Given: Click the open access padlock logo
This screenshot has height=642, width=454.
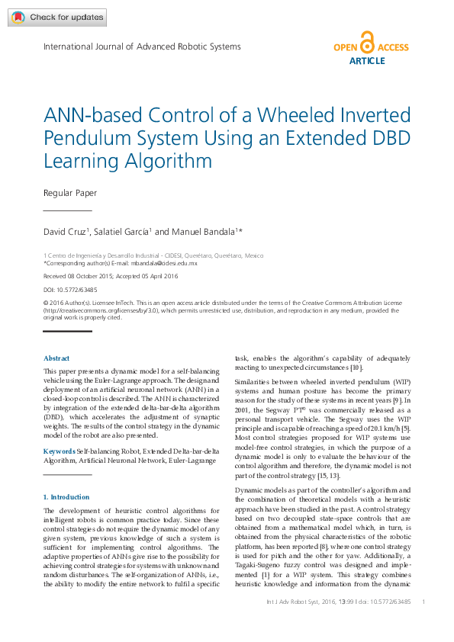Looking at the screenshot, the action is tap(368, 43).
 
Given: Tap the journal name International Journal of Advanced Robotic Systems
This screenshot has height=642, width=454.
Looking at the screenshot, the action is tap(142, 47).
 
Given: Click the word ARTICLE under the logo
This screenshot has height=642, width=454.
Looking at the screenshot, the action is tap(367, 61).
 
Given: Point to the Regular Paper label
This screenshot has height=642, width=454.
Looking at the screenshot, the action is tap(70, 193).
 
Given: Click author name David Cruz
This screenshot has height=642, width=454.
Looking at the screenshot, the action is tap(65, 232).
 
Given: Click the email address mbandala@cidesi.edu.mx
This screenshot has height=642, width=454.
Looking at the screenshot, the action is tap(164, 263).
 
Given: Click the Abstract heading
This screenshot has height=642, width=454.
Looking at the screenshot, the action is tap(56, 358).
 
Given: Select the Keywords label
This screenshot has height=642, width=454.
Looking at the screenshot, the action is tap(60, 451).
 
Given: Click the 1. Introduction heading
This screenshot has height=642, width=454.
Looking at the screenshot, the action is tap(67, 497).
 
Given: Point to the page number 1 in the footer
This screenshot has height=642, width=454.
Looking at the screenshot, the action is tap(423, 602).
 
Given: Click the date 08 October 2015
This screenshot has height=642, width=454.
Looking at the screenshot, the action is tap(97, 276).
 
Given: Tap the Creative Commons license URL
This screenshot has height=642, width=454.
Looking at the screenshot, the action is tap(99, 310).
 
